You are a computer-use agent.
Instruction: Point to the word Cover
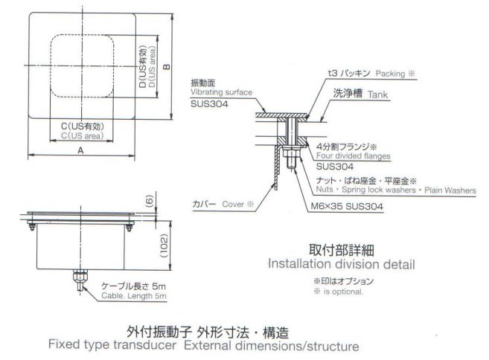click(233, 202)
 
